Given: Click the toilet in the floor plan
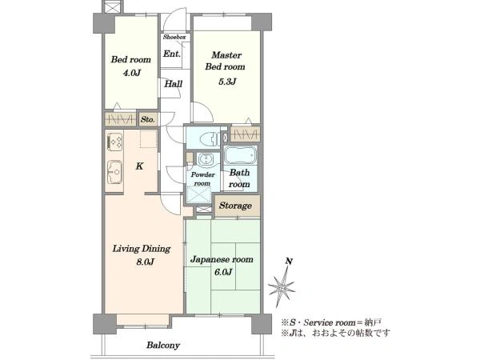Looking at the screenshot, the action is tap(209, 139).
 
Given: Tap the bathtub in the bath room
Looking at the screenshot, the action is tap(240, 156).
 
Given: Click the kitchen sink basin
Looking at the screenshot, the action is tap(114, 172).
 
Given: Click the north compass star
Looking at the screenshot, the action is tap(282, 286).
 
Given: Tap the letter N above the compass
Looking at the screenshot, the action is tap(289, 262).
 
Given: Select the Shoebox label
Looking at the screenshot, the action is tap(174, 37).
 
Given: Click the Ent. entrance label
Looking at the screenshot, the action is tap(172, 54).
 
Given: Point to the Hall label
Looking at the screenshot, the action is tap(174, 83).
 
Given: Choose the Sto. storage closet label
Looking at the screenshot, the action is tap(147, 119).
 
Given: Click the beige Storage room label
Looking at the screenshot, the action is tap(235, 206).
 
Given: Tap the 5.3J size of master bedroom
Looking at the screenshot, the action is tap(227, 82).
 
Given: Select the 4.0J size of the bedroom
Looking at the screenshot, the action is tap(131, 73).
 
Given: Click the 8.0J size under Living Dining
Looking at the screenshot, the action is tap(145, 262).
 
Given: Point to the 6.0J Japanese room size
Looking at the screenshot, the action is tap(223, 272).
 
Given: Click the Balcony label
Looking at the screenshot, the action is tap(163, 346).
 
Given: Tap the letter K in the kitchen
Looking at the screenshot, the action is tap(139, 166).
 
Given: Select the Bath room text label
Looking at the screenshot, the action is tap(239, 178).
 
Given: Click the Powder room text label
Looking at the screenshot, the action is tap(202, 179).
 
